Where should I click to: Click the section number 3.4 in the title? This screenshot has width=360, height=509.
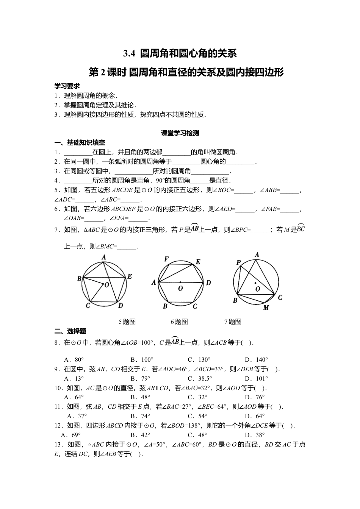[129, 54]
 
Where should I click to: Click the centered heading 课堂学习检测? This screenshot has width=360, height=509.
[180, 133]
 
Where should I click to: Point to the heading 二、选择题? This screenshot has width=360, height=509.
[70, 331]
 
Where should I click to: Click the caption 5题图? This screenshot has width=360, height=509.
[127, 322]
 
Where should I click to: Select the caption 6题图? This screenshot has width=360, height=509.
[179, 322]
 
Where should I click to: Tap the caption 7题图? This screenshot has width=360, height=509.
[233, 322]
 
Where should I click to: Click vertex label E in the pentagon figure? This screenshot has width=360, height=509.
[129, 277]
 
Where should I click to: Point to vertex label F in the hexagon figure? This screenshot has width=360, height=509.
[166, 259]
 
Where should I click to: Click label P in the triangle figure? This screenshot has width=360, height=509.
[238, 262]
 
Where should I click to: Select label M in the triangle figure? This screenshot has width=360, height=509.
[266, 308]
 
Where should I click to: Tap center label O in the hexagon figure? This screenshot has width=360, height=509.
[180, 289]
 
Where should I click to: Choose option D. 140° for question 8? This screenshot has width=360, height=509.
[257, 359]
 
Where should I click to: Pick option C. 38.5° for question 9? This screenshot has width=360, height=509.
[200, 378]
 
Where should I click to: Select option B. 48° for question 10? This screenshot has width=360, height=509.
[140, 397]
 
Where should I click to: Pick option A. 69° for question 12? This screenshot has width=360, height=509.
[71, 435]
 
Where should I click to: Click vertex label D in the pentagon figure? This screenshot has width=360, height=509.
[121, 306]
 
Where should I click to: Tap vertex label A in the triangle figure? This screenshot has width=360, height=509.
[257, 255]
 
